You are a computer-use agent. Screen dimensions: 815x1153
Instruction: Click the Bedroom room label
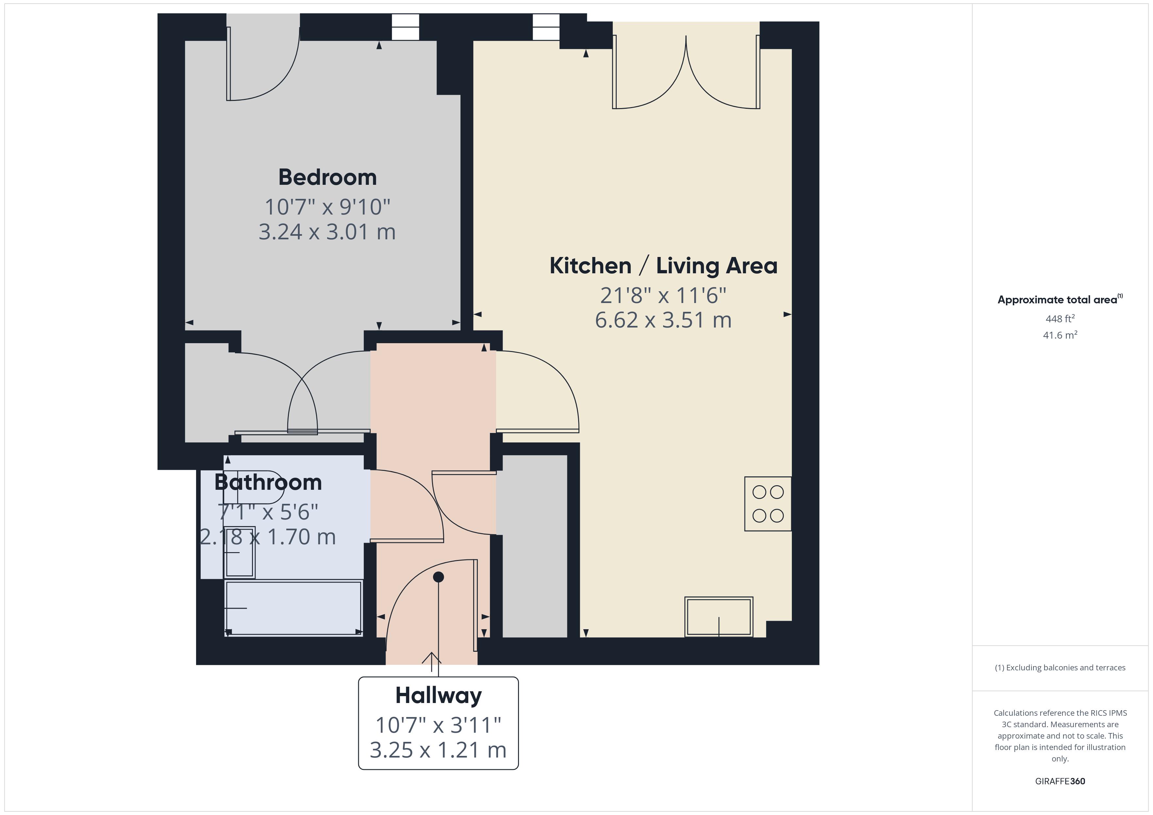point(327,178)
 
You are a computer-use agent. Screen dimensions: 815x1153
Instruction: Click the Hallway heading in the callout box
point(438,695)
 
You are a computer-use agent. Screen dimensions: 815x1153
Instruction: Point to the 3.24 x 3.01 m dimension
point(327,232)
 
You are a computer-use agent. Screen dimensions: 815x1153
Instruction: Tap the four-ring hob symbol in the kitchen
point(768,504)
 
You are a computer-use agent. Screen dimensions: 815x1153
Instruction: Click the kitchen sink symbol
point(719,617)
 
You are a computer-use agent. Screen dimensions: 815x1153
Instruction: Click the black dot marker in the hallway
point(438,577)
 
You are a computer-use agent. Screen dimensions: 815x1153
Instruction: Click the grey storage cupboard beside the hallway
point(535,546)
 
